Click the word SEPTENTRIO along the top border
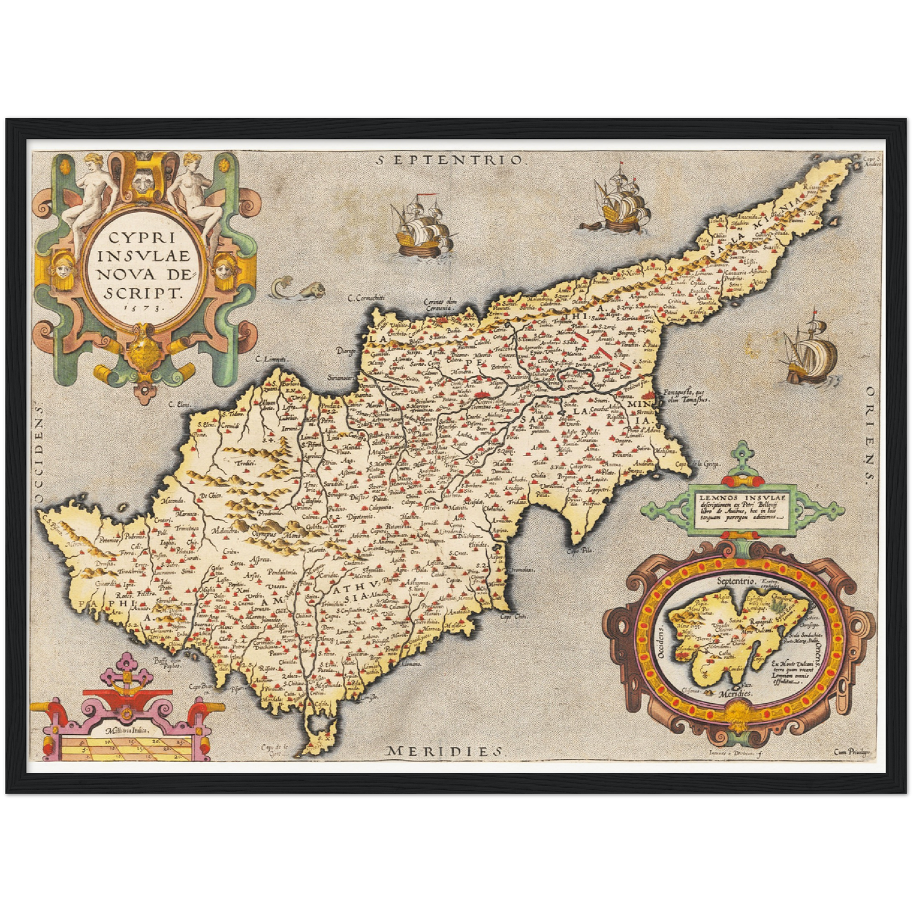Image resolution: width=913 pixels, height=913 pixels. pos(450,160)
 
